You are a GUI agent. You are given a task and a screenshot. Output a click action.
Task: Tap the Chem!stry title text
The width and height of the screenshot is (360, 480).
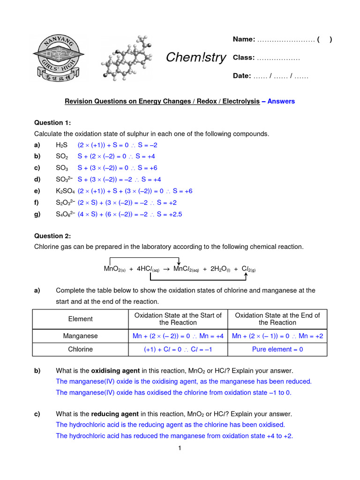pos(196,58)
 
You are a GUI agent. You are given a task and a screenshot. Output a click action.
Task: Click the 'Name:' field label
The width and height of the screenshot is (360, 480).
pos(244,39)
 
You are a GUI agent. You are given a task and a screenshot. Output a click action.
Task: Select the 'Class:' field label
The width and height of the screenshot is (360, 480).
pos(244,58)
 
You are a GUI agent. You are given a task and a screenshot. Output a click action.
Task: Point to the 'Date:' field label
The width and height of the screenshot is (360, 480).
pos(242,76)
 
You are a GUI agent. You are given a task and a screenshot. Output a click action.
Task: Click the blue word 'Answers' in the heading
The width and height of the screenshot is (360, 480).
pos(281,101)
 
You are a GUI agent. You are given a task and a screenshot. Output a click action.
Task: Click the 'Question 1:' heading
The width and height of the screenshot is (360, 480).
pos(52,123)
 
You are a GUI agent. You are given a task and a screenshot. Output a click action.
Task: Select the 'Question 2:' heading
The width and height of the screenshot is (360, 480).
pos(52,236)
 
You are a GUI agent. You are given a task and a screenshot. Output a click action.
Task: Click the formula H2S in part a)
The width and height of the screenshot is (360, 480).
pos(62,145)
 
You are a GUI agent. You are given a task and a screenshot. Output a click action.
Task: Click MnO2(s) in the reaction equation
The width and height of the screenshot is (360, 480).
pos(114,269)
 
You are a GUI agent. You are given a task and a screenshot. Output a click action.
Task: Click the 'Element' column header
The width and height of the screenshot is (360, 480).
pos(80,319)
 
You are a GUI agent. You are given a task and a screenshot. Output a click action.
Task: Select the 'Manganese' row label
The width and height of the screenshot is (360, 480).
pos(80,336)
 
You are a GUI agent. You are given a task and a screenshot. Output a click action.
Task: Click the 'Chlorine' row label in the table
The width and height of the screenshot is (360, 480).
pos(80,349)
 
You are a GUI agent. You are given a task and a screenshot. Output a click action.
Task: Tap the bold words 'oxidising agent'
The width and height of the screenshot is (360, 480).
pos(115,371)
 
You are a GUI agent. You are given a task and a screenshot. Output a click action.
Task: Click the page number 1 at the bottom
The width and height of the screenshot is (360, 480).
pos(180,449)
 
